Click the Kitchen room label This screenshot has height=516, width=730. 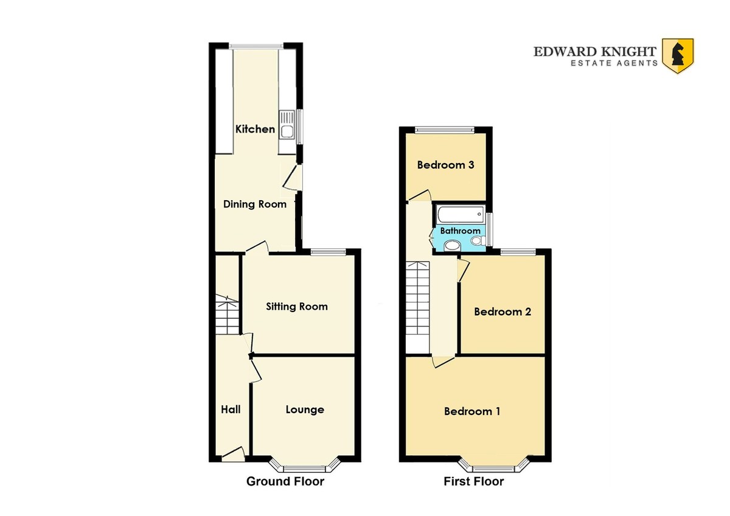[x=255, y=129]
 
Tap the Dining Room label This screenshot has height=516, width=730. [x=255, y=204]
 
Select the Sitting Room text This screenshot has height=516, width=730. [x=297, y=307]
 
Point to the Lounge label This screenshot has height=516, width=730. [x=305, y=410]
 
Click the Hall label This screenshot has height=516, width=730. [x=231, y=410]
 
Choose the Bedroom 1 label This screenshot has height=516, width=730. [x=472, y=411]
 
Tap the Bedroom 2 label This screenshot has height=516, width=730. [x=502, y=312]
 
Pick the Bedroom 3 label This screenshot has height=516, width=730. [x=445, y=165]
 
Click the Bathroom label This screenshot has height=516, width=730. [x=460, y=231]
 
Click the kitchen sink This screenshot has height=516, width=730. [x=287, y=125]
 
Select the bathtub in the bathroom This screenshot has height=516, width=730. [x=460, y=214]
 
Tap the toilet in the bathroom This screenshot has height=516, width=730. [x=478, y=241]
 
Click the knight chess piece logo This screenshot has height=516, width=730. [x=678, y=56]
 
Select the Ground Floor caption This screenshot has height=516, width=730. [x=285, y=481]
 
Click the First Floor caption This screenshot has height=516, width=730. [x=473, y=481]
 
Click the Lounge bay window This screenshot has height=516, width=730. [x=304, y=466]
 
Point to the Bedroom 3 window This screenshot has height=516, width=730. [x=445, y=130]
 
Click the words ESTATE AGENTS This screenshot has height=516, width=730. [x=614, y=63]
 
